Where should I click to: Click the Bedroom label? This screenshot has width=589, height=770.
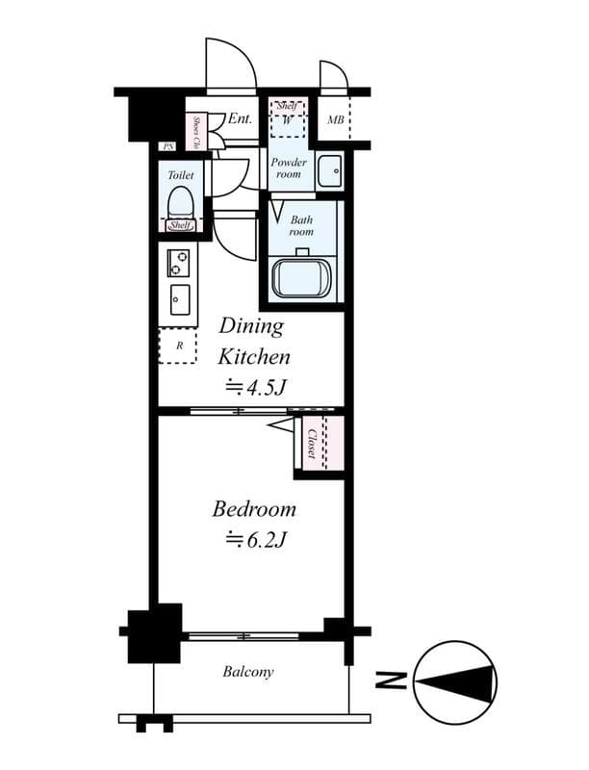(254, 509)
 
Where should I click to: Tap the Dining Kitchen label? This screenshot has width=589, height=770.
(252, 342)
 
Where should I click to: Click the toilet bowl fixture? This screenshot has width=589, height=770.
(180, 203)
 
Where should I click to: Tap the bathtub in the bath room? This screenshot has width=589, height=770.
(302, 278)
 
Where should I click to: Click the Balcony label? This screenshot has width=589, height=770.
(248, 672)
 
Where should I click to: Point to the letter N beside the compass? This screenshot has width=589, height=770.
(390, 682)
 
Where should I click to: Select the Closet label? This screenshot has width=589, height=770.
(313, 444)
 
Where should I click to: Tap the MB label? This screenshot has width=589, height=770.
(335, 120)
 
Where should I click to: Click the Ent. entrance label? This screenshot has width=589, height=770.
(240, 119)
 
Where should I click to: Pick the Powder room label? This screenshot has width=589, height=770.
(288, 168)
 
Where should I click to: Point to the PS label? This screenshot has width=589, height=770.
(168, 146)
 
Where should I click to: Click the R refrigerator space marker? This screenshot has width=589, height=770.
(179, 346)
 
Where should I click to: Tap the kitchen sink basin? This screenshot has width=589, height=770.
(180, 299)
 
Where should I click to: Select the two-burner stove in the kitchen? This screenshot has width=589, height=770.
(179, 260)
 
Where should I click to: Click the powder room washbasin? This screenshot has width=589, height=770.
(329, 170)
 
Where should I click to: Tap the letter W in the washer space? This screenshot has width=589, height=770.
(288, 120)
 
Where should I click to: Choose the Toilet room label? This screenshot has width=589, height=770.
(180, 175)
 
